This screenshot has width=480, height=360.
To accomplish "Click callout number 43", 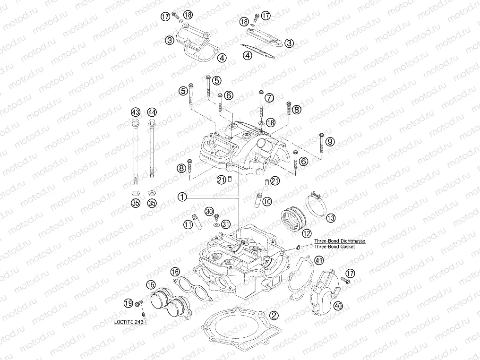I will pyautogui.click(x=136, y=112).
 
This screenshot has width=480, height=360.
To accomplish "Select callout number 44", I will pyautogui.click(x=152, y=112).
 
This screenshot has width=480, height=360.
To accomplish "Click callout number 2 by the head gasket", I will pyautogui.click(x=273, y=315).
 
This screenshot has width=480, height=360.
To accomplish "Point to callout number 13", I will pyautogui.click(x=330, y=218).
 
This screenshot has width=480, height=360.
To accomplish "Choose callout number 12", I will pyautogui.click(x=307, y=233).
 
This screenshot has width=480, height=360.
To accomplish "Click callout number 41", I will pyautogui.click(x=319, y=260).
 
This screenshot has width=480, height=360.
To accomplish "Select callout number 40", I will pyautogui.click(x=337, y=306).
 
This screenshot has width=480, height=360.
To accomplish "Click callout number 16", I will pyautogui.click(x=175, y=272).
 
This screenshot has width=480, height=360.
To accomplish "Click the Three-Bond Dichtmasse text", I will pyautogui.click(x=340, y=240).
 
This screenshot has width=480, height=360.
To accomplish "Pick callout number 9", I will pyautogui.click(x=330, y=141).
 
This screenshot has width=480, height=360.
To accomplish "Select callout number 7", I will pyautogui.click(x=269, y=98).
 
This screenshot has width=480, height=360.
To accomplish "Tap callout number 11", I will pyautogui.click(x=189, y=224).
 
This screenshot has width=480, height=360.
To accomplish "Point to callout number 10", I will pyautogui.click(x=267, y=201).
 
